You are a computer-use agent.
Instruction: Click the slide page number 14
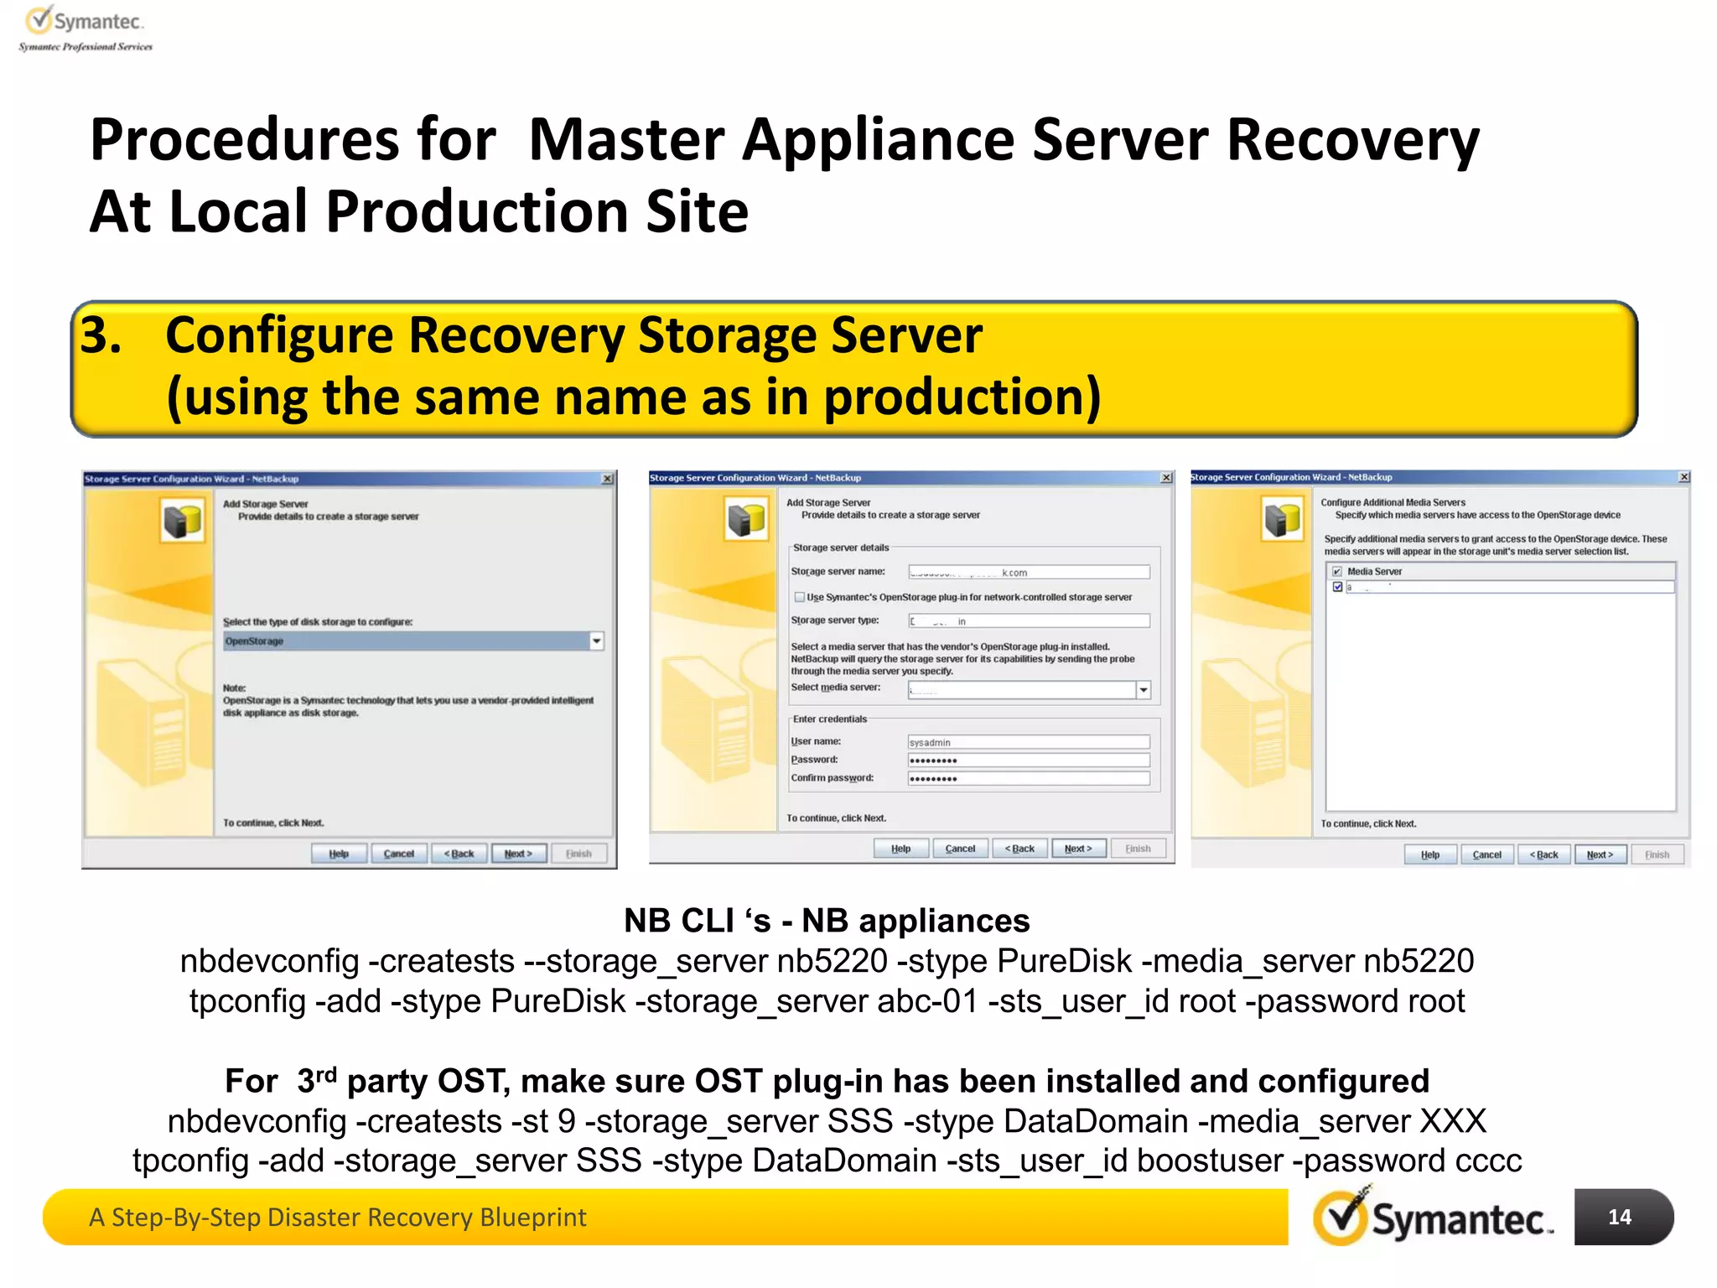pyautogui.click(x=1619, y=1217)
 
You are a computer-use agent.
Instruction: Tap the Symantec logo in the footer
pyautogui.click(x=1434, y=1218)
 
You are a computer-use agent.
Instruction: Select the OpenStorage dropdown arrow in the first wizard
pyautogui.click(x=597, y=641)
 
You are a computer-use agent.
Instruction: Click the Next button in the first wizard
pyautogui.click(x=518, y=854)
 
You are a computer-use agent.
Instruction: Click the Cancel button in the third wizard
pyautogui.click(x=1486, y=854)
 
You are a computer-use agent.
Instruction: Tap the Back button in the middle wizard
pyautogui.click(x=1019, y=849)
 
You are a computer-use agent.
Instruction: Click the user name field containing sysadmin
pyautogui.click(x=1029, y=742)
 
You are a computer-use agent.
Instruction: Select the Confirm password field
pyautogui.click(x=1029, y=779)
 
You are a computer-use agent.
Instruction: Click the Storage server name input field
pyautogui.click(x=1029, y=573)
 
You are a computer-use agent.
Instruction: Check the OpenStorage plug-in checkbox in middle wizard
pyautogui.click(x=799, y=597)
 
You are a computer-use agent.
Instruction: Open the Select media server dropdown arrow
pyautogui.click(x=1143, y=689)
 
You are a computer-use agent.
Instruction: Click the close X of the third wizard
pyautogui.click(x=1683, y=477)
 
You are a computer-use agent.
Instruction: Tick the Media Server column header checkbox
pyautogui.click(x=1337, y=572)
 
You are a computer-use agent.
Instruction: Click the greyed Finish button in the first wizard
pyautogui.click(x=578, y=854)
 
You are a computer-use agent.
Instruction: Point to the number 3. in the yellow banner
pyautogui.click(x=101, y=335)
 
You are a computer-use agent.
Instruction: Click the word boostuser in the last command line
pyautogui.click(x=1209, y=1161)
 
